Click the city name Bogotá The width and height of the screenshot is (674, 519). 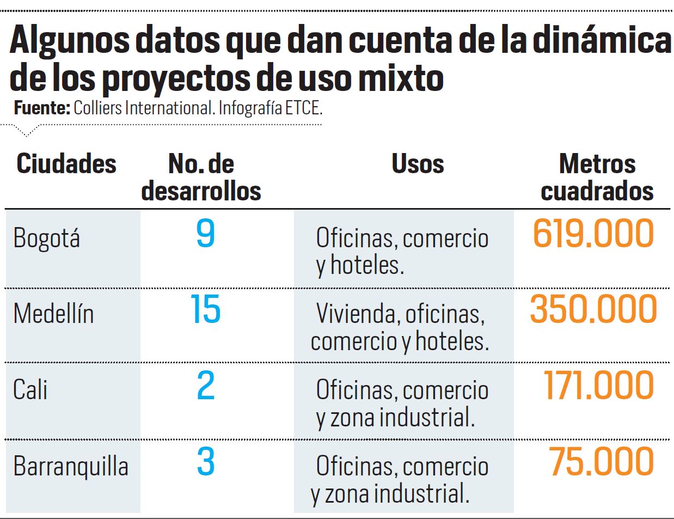point(47,239)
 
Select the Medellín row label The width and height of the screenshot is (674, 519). point(53,314)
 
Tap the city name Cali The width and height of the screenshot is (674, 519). point(30,390)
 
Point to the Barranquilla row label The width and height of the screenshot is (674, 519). point(71,466)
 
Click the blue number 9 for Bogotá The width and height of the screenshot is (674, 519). point(205,234)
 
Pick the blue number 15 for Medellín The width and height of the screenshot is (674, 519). point(205,310)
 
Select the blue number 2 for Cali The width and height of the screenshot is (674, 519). point(205,386)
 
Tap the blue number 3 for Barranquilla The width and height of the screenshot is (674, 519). point(205,462)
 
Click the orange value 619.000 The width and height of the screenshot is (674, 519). point(593,234)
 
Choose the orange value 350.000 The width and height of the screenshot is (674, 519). point(593,309)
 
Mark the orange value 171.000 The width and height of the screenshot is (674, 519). point(598,386)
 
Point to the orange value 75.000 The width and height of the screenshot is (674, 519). point(601,462)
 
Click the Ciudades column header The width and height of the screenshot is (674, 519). point(66,164)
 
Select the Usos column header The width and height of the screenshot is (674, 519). point(418,164)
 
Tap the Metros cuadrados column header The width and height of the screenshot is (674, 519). point(597,178)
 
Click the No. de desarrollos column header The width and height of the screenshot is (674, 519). point(201,178)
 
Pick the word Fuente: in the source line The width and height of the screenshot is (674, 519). point(42,108)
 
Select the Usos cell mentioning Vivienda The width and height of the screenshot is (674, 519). point(400,327)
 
